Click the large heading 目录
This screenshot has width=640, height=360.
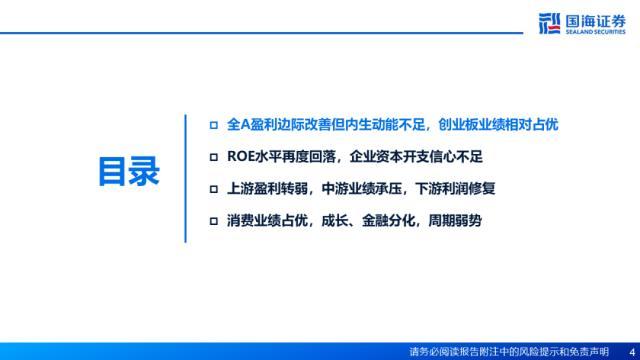pyautogui.click(x=129, y=171)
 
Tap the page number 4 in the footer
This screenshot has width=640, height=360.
pyautogui.click(x=632, y=351)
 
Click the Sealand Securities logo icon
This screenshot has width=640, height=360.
pyautogui.click(x=549, y=23)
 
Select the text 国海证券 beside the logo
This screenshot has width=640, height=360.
pyautogui.click(x=596, y=20)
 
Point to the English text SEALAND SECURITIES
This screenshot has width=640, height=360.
pyautogui.click(x=596, y=31)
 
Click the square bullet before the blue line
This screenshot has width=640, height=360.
pyautogui.click(x=213, y=125)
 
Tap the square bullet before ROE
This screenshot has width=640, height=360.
pyautogui.click(x=213, y=157)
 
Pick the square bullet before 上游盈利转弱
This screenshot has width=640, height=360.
pyautogui.click(x=213, y=189)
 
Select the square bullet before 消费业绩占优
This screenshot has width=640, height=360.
pyautogui.click(x=213, y=221)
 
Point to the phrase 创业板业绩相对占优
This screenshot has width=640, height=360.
pyautogui.click(x=498, y=124)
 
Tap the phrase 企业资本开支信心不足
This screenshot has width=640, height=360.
pyautogui.click(x=416, y=156)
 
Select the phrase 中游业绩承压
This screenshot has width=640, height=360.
pyautogui.click(x=362, y=189)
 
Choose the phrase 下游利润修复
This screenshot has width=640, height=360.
pyautogui.click(x=455, y=189)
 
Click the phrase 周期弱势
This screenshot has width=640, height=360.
pyautogui.click(x=455, y=221)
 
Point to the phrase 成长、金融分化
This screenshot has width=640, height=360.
pyautogui.click(x=368, y=221)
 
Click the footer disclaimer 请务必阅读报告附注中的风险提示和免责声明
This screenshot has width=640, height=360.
pyautogui.click(x=509, y=351)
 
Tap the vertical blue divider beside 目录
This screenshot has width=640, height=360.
pyautogui.click(x=185, y=178)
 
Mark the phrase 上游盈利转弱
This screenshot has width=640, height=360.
pyautogui.click(x=267, y=189)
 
